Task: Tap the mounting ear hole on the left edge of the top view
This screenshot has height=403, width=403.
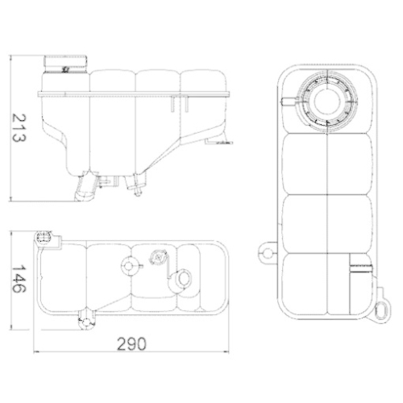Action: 268,255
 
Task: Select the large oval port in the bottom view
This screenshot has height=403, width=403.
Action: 184,280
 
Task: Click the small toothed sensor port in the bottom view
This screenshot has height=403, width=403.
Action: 157,257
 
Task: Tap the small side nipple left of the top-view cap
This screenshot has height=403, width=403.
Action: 287,100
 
